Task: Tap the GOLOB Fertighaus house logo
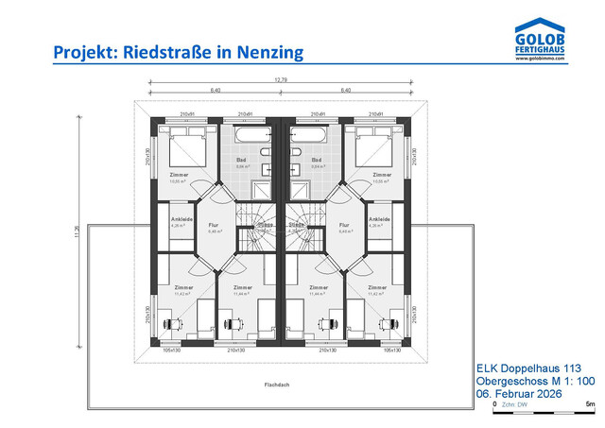click(x=540, y=34)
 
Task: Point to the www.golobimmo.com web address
click(x=540, y=59)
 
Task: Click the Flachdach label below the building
click(x=276, y=385)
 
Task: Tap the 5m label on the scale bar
click(x=590, y=403)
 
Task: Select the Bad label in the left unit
click(x=240, y=162)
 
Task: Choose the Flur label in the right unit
click(x=344, y=225)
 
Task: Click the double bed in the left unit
click(x=188, y=149)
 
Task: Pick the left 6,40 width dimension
click(x=215, y=91)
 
